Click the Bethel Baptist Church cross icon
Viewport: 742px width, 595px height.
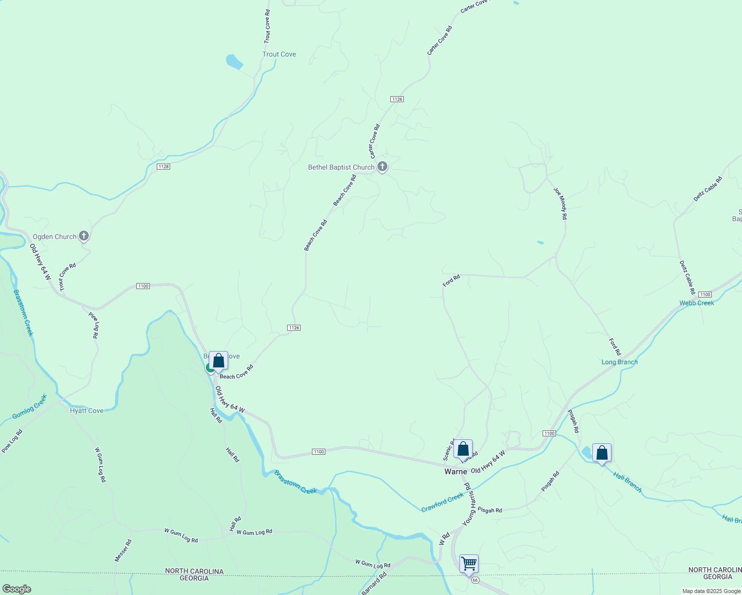[x=382, y=167]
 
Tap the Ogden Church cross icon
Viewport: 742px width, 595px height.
[x=84, y=236]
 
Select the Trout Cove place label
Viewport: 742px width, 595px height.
[x=279, y=54]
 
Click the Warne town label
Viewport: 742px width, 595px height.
[x=455, y=472]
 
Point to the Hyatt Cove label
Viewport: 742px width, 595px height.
[x=87, y=411]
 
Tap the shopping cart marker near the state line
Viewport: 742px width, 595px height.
[x=469, y=564]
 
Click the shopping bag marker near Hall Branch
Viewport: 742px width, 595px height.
[x=602, y=453]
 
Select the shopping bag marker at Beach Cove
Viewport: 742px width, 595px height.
[x=218, y=361]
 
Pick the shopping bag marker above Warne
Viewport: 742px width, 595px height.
[x=463, y=449]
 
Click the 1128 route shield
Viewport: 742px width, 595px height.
[x=163, y=167]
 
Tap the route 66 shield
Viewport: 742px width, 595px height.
[x=475, y=580]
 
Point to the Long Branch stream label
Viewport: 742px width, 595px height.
[x=619, y=362]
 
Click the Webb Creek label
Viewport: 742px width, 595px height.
[x=696, y=303]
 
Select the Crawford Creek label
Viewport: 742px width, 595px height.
[x=442, y=502]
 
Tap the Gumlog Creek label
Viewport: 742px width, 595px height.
[x=30, y=406]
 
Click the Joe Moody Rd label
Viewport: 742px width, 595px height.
[x=560, y=203]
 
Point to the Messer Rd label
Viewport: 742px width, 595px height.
[x=123, y=550]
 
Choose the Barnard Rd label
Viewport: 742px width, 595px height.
[x=374, y=584]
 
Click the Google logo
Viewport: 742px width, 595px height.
[x=16, y=589]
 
